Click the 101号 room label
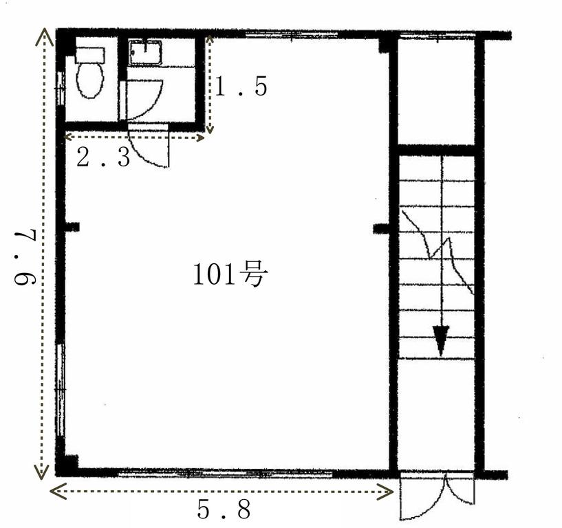[x=230, y=274]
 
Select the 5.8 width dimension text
[x=224, y=509]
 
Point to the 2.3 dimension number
[x=103, y=158]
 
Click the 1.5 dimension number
[x=241, y=87]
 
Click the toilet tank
[x=90, y=56]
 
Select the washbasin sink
[x=145, y=53]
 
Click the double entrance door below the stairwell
[x=437, y=496]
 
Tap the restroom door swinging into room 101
[x=149, y=146]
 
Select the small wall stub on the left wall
[x=72, y=227]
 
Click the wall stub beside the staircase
[x=381, y=228]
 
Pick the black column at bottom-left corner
[x=67, y=465]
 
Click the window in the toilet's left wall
[x=61, y=89]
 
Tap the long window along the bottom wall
[x=225, y=473]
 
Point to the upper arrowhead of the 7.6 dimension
[x=45, y=37]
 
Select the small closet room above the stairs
[x=437, y=91]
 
